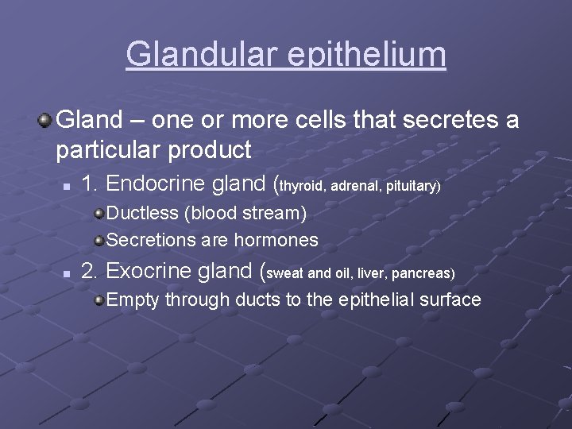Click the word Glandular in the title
[x=199, y=55]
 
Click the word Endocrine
[x=158, y=184]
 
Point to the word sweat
[x=287, y=273]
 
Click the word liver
[x=371, y=273]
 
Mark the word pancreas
[x=422, y=273]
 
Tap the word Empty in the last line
[x=133, y=300]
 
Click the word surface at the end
[x=450, y=300]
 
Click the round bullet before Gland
[x=46, y=120]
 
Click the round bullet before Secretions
[x=99, y=240]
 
